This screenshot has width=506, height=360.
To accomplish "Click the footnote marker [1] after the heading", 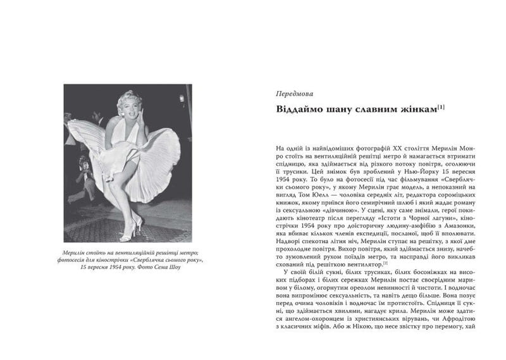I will pyautogui.click(x=440, y=107).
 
